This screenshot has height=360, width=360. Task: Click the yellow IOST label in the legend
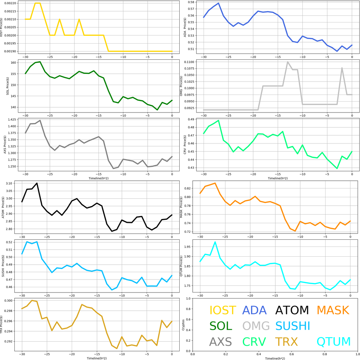pyautogui.click(x=223, y=310)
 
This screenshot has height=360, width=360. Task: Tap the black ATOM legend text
pyautogui.click(x=292, y=310)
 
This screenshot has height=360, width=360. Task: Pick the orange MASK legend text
pyautogui.click(x=333, y=310)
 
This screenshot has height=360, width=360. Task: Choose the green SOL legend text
pyautogui.click(x=221, y=326)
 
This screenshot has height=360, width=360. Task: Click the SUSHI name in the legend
pyautogui.click(x=292, y=326)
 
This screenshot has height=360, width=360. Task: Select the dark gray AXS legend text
pyautogui.click(x=220, y=342)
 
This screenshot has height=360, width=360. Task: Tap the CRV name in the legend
pyautogui.click(x=254, y=342)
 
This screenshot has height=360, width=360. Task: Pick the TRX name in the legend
pyautogui.click(x=287, y=342)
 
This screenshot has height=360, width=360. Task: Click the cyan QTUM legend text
pyautogui.click(x=334, y=342)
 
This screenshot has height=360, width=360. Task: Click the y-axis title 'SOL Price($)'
pyautogui.click(x=7, y=85)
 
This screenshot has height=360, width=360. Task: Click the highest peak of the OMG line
pyautogui.click(x=288, y=62)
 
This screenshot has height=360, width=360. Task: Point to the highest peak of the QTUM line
pyautogui.click(x=215, y=242)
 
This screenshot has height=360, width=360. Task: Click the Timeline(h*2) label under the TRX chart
pyautogui.click(x=97, y=358)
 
